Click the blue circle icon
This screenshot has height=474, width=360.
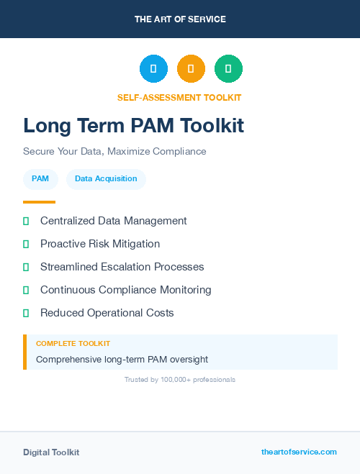(x=153, y=68)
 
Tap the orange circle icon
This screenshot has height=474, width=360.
(x=191, y=68)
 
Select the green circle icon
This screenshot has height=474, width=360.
(x=228, y=68)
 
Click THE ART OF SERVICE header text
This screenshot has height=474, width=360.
(x=180, y=19)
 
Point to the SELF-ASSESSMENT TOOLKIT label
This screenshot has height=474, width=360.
(x=179, y=97)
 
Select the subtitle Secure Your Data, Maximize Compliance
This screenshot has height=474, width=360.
(x=114, y=152)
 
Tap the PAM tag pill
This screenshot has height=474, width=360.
(x=40, y=179)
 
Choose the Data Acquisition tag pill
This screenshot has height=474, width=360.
(x=106, y=179)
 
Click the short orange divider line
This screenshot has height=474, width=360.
(x=39, y=202)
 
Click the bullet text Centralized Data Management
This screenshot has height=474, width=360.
(x=113, y=221)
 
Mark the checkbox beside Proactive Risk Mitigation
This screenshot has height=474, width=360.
(x=26, y=245)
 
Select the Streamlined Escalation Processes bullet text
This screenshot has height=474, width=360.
(x=122, y=267)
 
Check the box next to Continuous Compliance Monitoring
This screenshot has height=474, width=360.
(x=26, y=291)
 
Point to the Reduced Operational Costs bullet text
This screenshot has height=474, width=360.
(x=107, y=313)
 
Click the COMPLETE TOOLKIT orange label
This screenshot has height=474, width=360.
(x=73, y=344)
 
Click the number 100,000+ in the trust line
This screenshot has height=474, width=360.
(x=177, y=379)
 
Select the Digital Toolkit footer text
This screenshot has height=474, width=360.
(x=51, y=452)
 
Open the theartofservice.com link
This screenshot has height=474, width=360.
(x=299, y=452)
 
